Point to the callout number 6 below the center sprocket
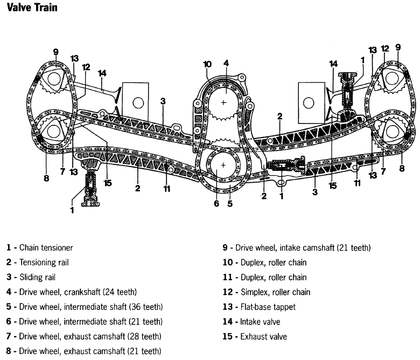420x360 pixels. tap(216, 204)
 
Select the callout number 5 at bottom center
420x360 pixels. tap(230, 204)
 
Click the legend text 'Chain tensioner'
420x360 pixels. tap(46, 248)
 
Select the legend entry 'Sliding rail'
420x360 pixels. tap(38, 278)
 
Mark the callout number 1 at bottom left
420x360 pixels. tap(72, 210)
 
